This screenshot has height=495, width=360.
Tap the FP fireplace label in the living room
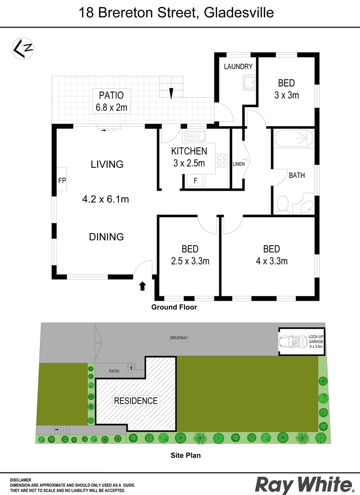[x=62, y=181]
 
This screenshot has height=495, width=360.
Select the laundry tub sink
[x=249, y=83]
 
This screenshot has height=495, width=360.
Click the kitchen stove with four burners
[x=222, y=161]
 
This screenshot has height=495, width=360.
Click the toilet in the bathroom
[x=283, y=204]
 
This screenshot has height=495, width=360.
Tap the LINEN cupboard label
[x=239, y=164]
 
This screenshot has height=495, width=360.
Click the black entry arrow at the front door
[x=142, y=286]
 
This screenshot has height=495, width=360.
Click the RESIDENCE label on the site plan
[x=136, y=401]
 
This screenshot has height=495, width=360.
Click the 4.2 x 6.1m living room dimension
[x=105, y=199]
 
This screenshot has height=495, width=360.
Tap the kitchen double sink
[x=195, y=135]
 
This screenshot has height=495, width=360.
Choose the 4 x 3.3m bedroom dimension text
[x=272, y=261]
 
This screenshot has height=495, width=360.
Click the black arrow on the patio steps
[x=171, y=93]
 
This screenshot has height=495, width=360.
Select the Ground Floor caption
[x=174, y=307]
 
